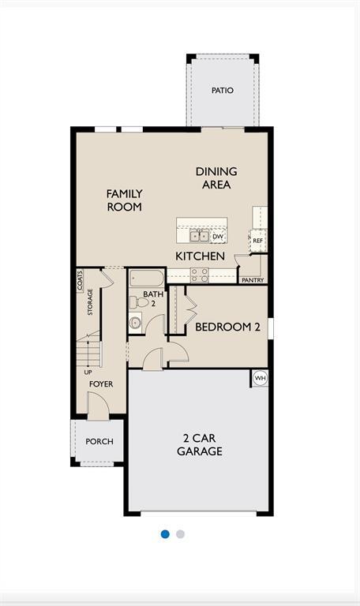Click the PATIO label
tap(223, 91)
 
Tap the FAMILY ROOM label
tap(125, 200)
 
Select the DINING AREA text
tap(216, 178)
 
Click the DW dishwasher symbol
tap(219, 237)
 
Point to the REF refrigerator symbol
tap(257, 241)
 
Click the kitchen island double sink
tap(199, 235)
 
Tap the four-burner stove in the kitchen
tap(200, 275)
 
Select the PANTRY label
tap(253, 280)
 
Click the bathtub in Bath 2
tap(147, 278)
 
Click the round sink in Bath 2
tap(135, 322)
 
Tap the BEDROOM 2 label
tap(227, 327)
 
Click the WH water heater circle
tap(261, 379)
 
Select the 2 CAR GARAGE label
tap(200, 445)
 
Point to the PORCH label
tap(99, 441)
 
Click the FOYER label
tap(101, 384)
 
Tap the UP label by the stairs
tap(88, 372)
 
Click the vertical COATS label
tap(80, 281)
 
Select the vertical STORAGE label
tap(90, 302)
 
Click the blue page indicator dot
tap(165, 534)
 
